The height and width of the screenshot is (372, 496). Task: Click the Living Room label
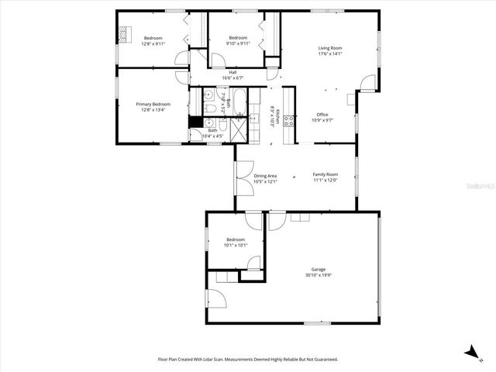(x=330, y=48)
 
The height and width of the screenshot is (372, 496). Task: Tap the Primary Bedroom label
(x=153, y=104)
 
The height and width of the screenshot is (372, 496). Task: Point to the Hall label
(x=232, y=72)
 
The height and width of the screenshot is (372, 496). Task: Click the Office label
(x=322, y=115)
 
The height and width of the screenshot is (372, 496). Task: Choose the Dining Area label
(x=265, y=176)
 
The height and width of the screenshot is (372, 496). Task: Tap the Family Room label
(x=325, y=174)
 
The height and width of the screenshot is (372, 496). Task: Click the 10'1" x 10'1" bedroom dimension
(x=235, y=246)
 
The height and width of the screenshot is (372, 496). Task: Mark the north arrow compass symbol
(x=470, y=352)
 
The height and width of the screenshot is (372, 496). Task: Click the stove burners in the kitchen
(x=288, y=120)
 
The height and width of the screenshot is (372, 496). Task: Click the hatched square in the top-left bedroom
(x=124, y=33)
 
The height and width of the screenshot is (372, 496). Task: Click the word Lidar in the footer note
(x=213, y=360)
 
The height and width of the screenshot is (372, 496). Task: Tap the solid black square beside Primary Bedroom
(x=194, y=122)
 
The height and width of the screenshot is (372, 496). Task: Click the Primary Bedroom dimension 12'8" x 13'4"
(x=153, y=109)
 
